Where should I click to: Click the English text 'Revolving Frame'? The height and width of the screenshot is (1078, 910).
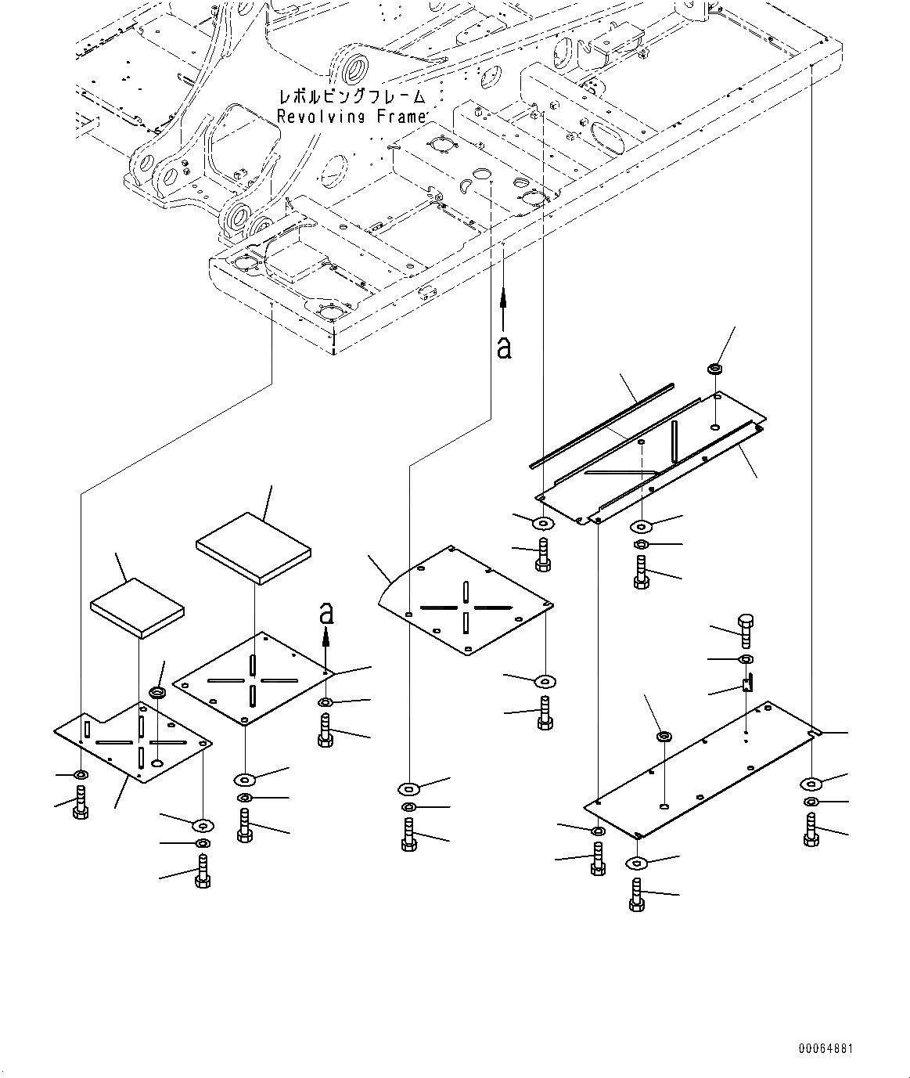tap(351, 116)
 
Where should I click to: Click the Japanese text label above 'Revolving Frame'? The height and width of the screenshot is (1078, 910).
tap(351, 98)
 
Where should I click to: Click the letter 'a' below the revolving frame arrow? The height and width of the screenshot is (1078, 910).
tap(504, 346)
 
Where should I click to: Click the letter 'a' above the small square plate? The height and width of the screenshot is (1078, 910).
tap(327, 613)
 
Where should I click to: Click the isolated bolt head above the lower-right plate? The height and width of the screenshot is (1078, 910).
tap(746, 628)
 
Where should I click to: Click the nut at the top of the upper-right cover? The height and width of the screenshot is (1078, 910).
tap(714, 368)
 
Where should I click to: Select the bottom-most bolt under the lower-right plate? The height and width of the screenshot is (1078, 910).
tap(636, 894)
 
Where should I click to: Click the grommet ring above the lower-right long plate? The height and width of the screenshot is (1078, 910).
tap(664, 737)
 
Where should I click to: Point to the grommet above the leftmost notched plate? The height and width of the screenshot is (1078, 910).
tap(157, 694)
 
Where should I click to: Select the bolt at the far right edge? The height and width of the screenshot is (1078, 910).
tap(811, 830)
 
